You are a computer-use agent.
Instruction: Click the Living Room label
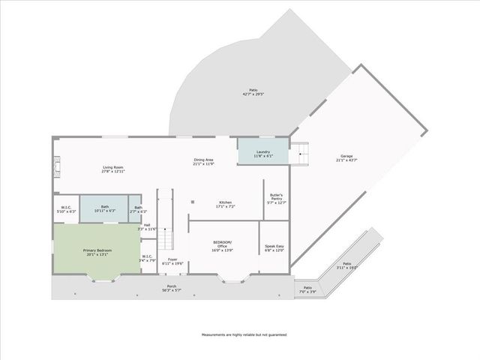(x=113, y=169)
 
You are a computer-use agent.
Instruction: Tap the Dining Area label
(x=204, y=161)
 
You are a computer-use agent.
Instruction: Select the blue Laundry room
(x=262, y=153)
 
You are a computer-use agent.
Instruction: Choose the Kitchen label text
(x=225, y=203)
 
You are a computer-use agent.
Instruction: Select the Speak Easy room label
(x=274, y=248)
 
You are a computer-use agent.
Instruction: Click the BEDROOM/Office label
(x=222, y=248)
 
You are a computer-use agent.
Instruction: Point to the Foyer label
(x=172, y=262)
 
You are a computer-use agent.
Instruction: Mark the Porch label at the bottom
(x=172, y=288)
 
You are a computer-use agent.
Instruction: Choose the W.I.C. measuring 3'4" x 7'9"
(x=148, y=259)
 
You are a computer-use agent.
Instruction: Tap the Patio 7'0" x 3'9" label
(x=307, y=289)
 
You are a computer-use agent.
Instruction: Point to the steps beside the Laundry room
(x=301, y=153)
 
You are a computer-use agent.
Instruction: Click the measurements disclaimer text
(x=244, y=334)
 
